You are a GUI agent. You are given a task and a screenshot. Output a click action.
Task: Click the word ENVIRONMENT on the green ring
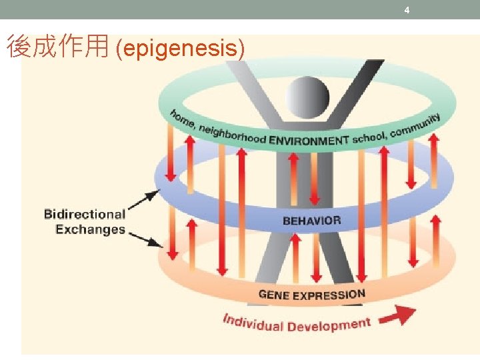point(309,141)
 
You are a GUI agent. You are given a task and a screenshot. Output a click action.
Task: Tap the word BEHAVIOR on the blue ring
point(311,220)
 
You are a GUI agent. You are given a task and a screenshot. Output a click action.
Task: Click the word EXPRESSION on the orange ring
point(331,293)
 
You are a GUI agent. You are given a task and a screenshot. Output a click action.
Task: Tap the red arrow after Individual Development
point(402,314)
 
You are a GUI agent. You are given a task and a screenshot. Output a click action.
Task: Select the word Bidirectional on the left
point(85,214)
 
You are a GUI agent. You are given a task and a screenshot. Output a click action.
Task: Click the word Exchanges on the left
point(90,229)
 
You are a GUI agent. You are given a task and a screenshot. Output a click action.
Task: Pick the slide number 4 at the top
point(407,10)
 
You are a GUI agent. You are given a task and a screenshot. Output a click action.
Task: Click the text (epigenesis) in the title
point(180,48)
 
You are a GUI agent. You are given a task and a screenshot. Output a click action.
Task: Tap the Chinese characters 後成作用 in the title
point(57,47)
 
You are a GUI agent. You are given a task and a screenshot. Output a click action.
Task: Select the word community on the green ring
point(415,127)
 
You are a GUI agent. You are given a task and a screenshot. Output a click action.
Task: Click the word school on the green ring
point(369,138)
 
